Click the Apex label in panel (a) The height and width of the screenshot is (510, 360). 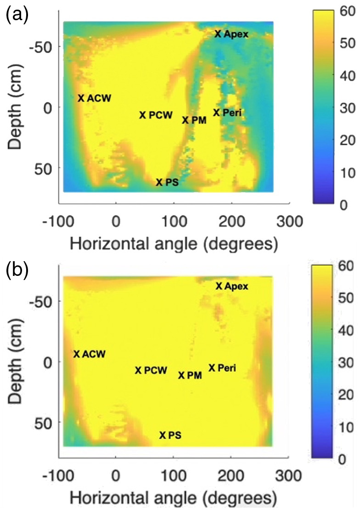tap(236, 34)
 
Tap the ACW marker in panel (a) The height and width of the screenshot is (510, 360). tap(81, 98)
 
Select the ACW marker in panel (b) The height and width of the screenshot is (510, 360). tap(77, 354)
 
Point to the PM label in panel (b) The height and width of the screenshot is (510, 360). tap(194, 375)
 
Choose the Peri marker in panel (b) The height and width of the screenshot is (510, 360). tap(212, 368)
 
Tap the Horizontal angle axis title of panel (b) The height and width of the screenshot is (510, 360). tap(173, 497)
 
